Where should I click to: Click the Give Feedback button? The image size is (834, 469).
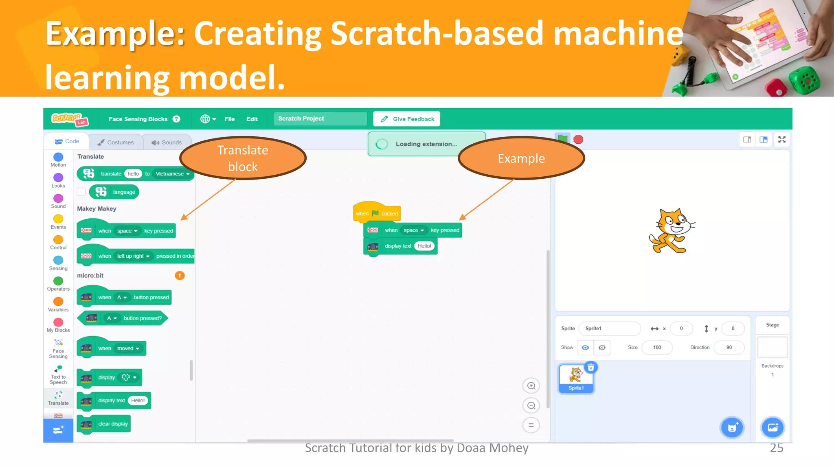point(407,119)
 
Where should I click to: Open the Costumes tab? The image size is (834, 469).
point(116,142)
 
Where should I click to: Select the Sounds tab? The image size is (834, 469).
point(167,142)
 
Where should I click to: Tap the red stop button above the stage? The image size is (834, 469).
point(578,140)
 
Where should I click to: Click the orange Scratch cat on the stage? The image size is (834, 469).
point(671,231)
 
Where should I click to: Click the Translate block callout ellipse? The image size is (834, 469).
point(243,158)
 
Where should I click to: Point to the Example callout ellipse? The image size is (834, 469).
point(521,158)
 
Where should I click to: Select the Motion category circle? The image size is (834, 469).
point(58,157)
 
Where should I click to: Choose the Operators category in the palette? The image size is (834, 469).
point(58,281)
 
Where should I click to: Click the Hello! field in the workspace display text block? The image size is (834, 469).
point(424,246)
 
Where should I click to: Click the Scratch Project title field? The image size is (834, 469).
point(320,118)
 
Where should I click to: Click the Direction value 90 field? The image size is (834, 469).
point(729,347)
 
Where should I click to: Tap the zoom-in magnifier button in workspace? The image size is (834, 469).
point(531,386)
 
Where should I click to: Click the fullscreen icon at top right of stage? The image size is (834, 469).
point(782,140)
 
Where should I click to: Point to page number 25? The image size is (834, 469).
point(776,448)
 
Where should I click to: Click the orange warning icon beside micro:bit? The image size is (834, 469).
point(180,276)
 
